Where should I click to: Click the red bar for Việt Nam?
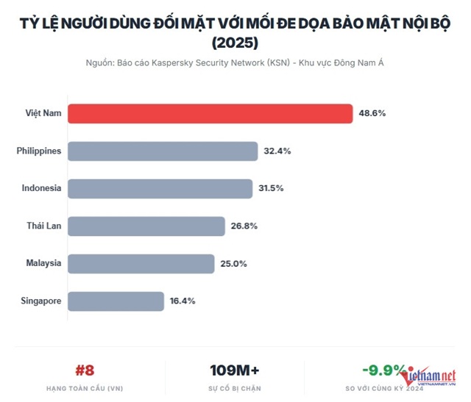click(x=210, y=113)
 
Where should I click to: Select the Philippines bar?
click(x=163, y=151)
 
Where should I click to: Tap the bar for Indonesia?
click(x=160, y=188)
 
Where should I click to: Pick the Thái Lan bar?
click(x=146, y=226)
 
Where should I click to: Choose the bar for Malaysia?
click(x=141, y=263)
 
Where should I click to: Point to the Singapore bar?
click(x=116, y=301)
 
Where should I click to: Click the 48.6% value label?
click(x=372, y=113)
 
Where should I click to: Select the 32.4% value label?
click(x=277, y=151)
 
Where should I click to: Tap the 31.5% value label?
click(x=272, y=188)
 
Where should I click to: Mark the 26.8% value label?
click(x=244, y=226)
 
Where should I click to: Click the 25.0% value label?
click(x=233, y=263)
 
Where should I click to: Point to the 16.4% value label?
click(x=183, y=301)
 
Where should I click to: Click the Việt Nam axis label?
click(x=43, y=113)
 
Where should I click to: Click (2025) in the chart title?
click(x=235, y=43)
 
